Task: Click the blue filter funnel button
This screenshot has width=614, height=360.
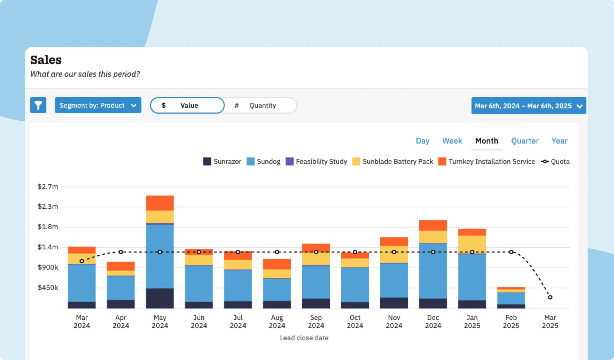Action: pos(38,105)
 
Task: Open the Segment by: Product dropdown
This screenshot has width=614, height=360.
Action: pos(98,105)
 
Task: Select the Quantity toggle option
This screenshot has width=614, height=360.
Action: pos(261,105)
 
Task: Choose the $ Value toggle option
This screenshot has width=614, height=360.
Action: pos(187,105)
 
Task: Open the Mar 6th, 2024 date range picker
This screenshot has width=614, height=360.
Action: pos(528,106)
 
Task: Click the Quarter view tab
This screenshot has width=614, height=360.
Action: pos(524,141)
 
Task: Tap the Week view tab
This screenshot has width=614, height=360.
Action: pos(452,141)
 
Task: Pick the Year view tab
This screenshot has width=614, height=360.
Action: pos(559,141)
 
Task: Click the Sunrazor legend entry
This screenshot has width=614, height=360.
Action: pos(222,161)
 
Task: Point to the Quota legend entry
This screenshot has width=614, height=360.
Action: pos(555,161)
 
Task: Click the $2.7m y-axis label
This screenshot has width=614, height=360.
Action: pos(48,187)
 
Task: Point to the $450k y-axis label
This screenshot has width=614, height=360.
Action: pos(48,288)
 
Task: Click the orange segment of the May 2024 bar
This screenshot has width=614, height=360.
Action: pos(160,203)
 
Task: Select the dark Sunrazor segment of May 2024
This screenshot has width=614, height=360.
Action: pos(160,298)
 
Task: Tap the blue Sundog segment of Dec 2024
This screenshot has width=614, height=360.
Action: pos(433,271)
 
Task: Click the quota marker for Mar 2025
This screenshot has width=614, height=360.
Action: pos(550,297)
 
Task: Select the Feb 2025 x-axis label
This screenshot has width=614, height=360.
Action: pos(511,321)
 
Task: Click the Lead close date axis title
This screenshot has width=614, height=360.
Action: pos(304,338)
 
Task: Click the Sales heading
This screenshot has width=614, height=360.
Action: pos(46,60)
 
